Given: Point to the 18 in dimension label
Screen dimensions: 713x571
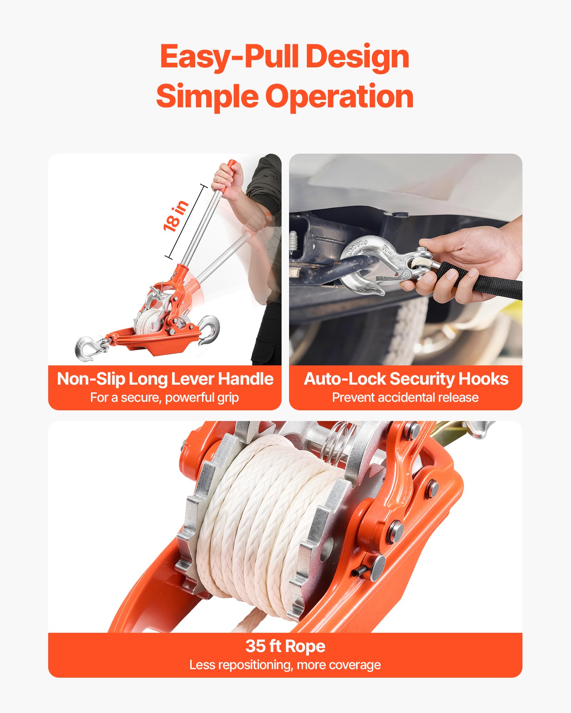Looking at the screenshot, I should (x=175, y=216).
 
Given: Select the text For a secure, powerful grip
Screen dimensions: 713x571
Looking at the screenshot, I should (x=165, y=397).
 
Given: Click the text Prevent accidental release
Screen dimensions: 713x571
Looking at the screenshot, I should (x=405, y=397).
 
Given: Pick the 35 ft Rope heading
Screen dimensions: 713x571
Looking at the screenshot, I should (x=285, y=646).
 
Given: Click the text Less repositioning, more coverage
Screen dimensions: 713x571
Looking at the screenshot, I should (x=285, y=665).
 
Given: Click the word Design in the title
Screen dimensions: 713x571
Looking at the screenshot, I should (x=358, y=57).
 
